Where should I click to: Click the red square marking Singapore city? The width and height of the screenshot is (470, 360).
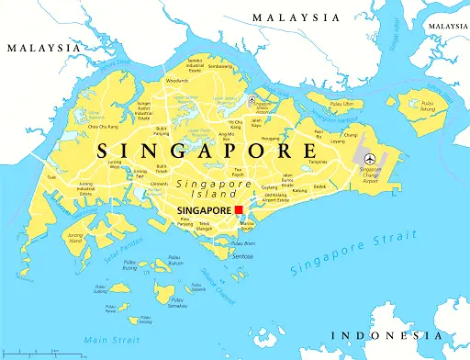coord(239,210)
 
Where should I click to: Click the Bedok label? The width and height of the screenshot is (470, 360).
coord(319,186)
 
